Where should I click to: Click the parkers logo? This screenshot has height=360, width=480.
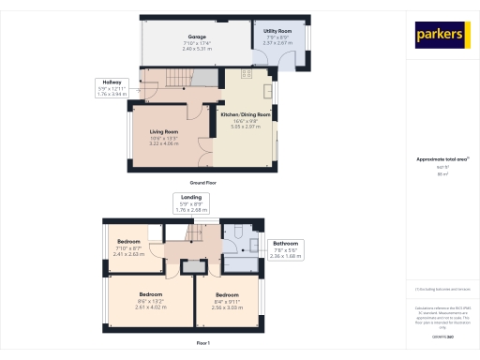click(442, 35)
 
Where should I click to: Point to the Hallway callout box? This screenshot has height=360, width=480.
click(112, 88)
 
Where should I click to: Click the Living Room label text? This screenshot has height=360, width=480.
click(163, 138)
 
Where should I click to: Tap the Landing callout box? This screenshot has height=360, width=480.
click(190, 203)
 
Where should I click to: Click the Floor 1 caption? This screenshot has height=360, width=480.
click(202, 344)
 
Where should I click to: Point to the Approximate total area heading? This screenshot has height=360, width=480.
click(441, 159)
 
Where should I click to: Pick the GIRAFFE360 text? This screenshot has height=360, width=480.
click(441, 336)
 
